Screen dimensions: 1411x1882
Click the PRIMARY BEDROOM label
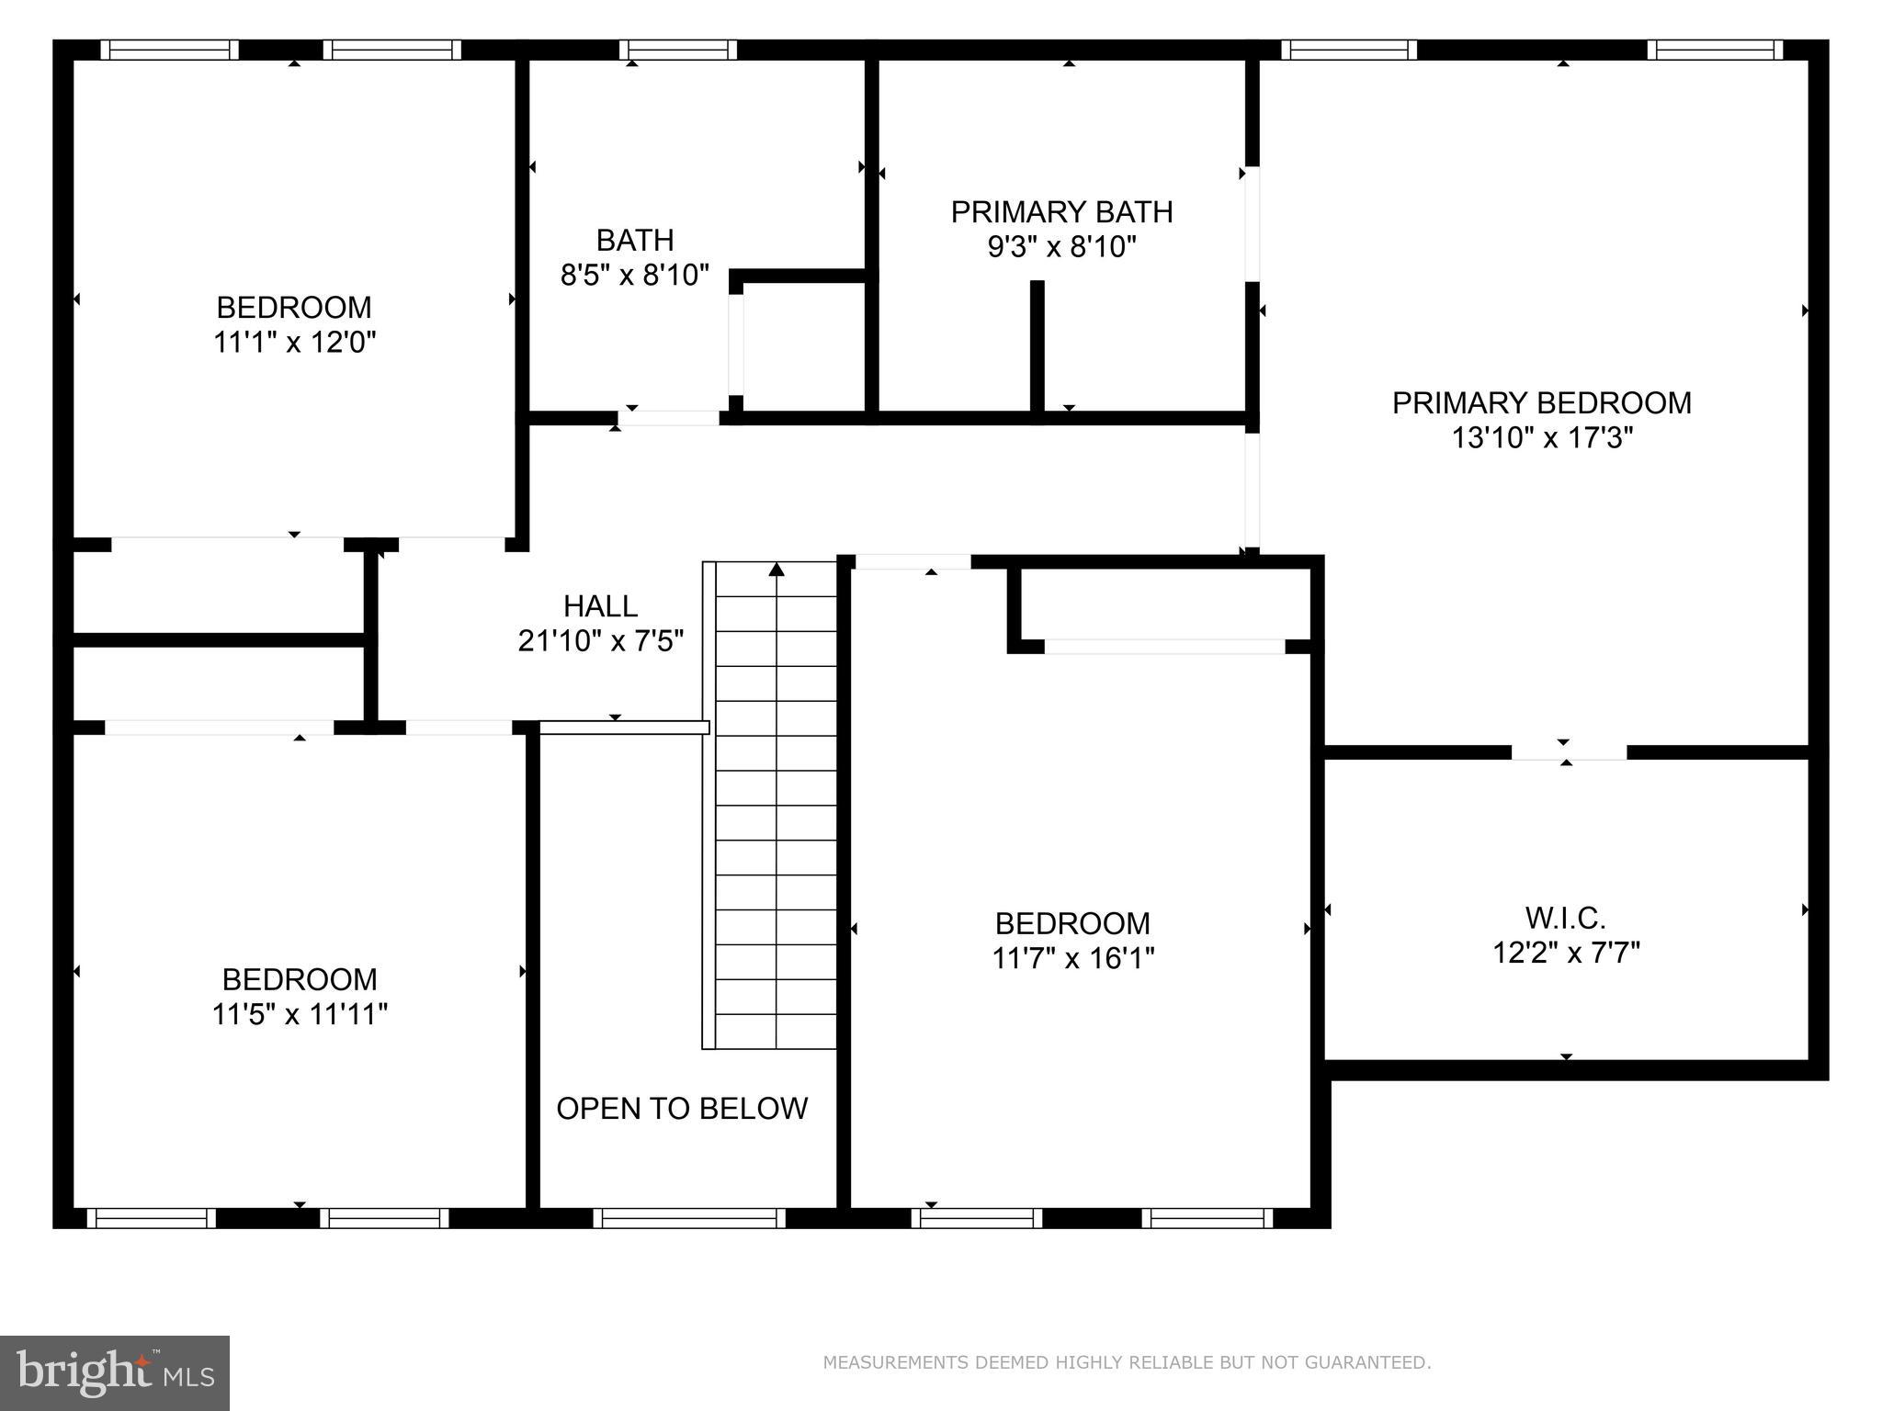(x=1541, y=403)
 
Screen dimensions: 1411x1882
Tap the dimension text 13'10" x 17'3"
(x=1541, y=438)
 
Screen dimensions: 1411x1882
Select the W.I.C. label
(x=1566, y=918)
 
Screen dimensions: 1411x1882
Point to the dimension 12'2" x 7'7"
(x=1566, y=953)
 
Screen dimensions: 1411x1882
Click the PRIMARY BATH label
(x=1061, y=212)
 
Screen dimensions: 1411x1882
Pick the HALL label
(x=600, y=606)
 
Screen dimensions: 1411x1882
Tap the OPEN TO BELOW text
(x=682, y=1109)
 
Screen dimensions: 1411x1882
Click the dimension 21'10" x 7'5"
(x=600, y=640)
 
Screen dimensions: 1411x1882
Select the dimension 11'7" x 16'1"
(x=1072, y=958)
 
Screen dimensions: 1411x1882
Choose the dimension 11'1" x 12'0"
(x=294, y=342)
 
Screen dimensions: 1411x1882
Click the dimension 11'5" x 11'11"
(x=300, y=1014)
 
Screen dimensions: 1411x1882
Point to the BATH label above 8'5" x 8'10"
(x=635, y=241)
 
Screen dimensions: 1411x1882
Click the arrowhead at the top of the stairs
(x=777, y=570)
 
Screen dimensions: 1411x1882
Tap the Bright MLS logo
(x=115, y=1373)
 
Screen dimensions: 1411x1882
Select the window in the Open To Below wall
(x=689, y=1218)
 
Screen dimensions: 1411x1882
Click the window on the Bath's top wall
(x=678, y=50)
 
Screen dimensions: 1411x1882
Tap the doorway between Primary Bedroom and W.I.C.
(x=1569, y=752)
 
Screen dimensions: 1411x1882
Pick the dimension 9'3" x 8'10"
(x=1061, y=247)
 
